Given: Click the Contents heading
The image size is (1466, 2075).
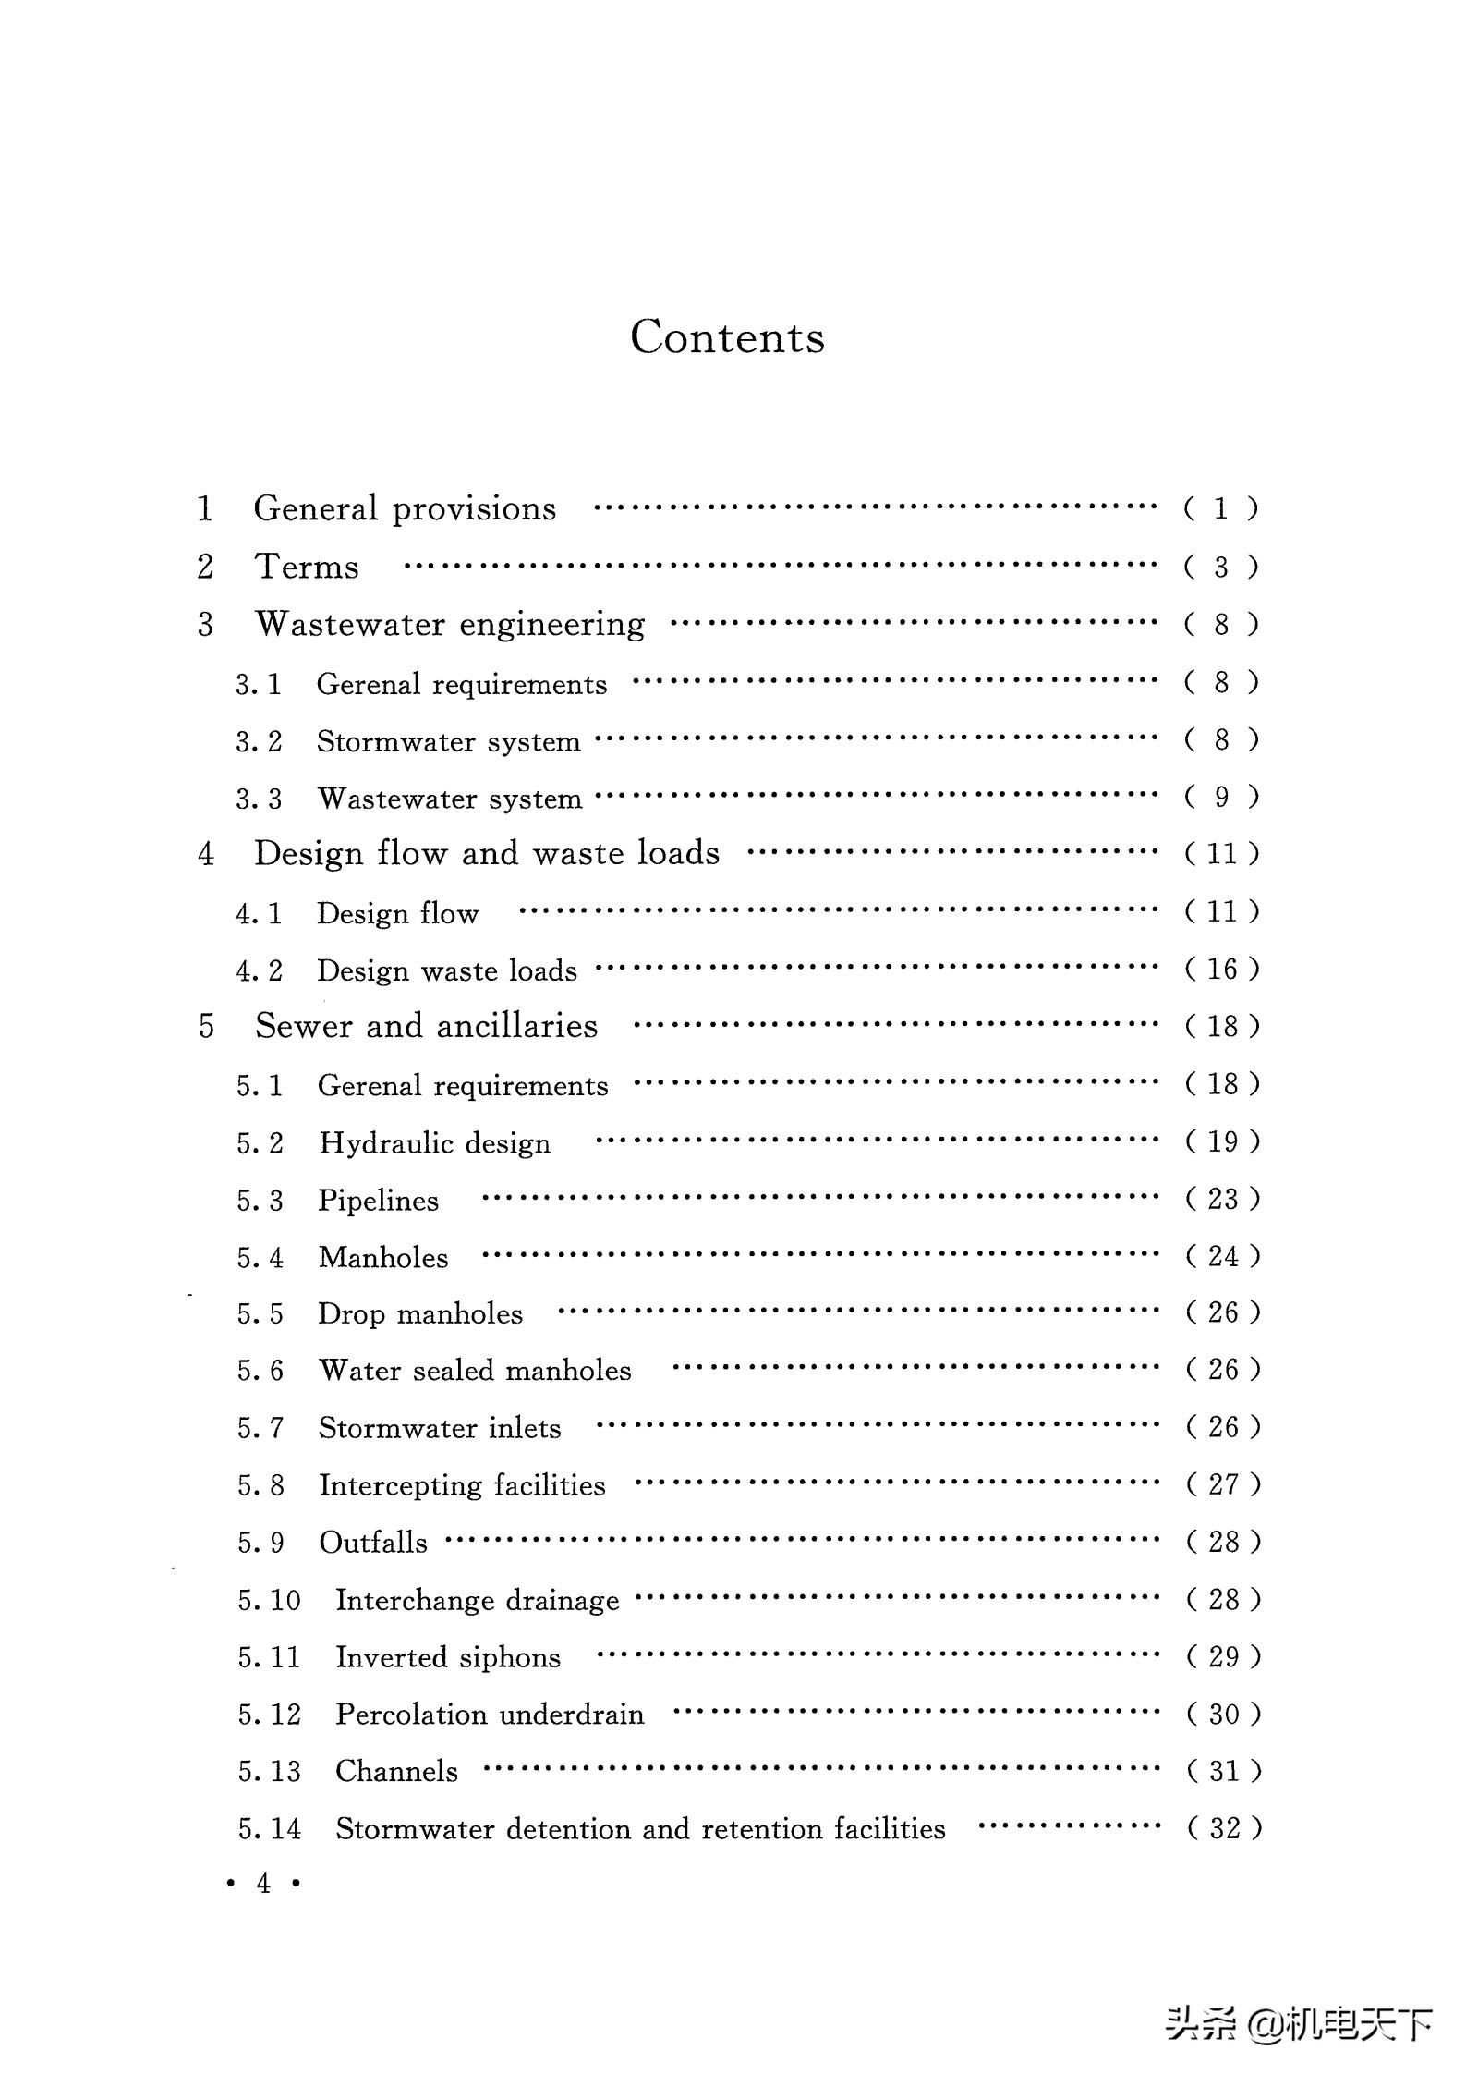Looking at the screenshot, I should (x=727, y=336).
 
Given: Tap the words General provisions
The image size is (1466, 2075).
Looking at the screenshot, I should (x=405, y=508).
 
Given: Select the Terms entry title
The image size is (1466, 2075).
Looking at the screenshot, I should (x=307, y=567).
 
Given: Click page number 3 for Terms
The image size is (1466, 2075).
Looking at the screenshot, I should (x=1221, y=567).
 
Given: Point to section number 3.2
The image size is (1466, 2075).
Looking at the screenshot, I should (x=259, y=741).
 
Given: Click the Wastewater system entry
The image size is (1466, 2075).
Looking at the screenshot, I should (x=450, y=799).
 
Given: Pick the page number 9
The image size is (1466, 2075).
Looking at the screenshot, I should (x=1221, y=797).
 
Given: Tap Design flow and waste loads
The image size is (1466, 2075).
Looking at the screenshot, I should (x=487, y=853).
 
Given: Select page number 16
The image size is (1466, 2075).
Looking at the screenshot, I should (x=1222, y=969).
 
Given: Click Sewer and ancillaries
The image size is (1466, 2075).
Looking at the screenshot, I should (x=426, y=1026).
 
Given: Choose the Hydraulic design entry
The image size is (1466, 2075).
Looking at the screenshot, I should (x=434, y=1143).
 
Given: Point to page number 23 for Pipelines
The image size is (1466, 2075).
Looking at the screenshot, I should (x=1222, y=1199).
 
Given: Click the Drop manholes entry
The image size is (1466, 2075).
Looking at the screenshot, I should (x=420, y=1313).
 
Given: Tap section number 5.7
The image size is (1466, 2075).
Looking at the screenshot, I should (x=260, y=1428).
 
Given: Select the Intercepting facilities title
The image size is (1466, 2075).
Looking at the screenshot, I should (x=462, y=1485).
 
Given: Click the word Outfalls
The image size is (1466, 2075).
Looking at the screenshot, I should (x=373, y=1543).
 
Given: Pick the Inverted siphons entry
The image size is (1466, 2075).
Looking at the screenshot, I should (x=448, y=1657).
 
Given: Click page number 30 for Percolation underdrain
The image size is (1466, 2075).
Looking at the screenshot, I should (x=1223, y=1715).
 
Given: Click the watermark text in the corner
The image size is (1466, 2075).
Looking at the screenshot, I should (x=1298, y=2023).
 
